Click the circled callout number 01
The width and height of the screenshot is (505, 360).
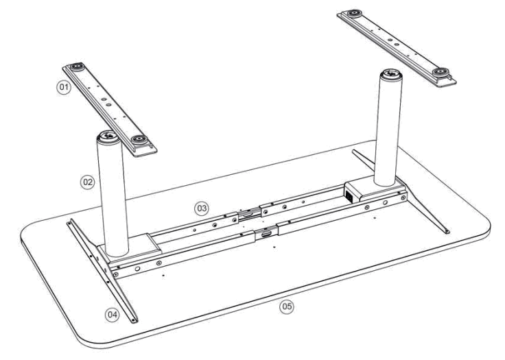tap(64, 88)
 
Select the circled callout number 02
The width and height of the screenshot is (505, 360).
tap(88, 184)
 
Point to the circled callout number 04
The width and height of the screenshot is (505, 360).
tap(112, 314)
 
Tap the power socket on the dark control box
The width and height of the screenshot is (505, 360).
tap(351, 195)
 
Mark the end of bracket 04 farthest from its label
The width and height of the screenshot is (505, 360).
tap(70, 222)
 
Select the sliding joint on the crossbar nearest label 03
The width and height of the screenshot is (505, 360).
tap(250, 214)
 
